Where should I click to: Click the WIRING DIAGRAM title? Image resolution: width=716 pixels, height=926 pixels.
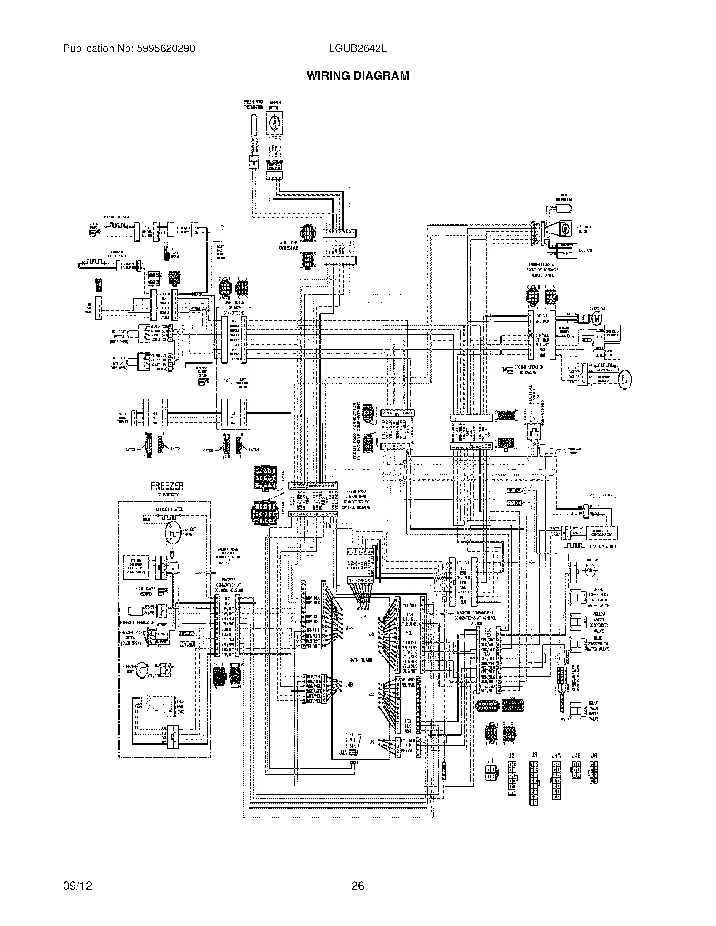pos(358,75)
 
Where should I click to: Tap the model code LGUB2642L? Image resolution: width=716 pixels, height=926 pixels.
pos(357,49)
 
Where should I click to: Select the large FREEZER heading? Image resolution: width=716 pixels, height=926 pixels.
pos(167,486)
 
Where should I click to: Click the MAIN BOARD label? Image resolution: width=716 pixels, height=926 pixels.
pos(361,660)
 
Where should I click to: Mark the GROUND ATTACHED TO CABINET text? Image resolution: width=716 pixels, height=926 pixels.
pos(528,370)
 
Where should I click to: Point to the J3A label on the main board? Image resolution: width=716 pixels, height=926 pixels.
pos(343,752)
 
